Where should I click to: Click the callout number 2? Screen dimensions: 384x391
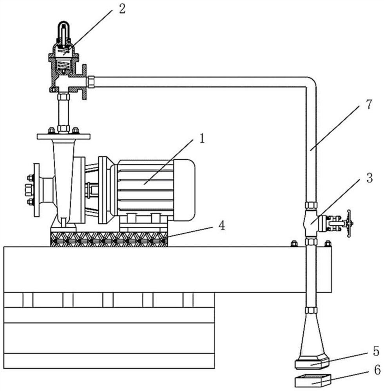pyautogui.click(x=122, y=9)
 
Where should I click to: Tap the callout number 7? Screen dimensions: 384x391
pyautogui.click(x=369, y=104)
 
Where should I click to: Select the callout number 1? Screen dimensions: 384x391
pyautogui.click(x=202, y=139)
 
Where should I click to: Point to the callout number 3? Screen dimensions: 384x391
pyautogui.click(x=369, y=178)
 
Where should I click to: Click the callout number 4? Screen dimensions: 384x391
pyautogui.click(x=222, y=226)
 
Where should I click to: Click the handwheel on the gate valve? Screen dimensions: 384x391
pyautogui.click(x=348, y=223)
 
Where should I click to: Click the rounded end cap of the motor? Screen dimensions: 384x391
pyautogui.click(x=185, y=190)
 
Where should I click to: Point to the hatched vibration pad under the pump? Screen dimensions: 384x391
pyautogui.click(x=109, y=239)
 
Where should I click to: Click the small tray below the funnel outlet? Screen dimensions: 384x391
pyautogui.click(x=313, y=380)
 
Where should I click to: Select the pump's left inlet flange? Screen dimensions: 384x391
pyautogui.click(x=36, y=190)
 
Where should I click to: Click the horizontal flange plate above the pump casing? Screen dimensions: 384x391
pyautogui.click(x=64, y=136)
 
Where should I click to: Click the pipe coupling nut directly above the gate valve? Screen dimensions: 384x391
pyautogui.click(x=311, y=205)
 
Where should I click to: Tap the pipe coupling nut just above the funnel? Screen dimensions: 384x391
pyautogui.click(x=311, y=310)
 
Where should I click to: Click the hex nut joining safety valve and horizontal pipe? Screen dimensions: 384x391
pyautogui.click(x=91, y=82)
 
